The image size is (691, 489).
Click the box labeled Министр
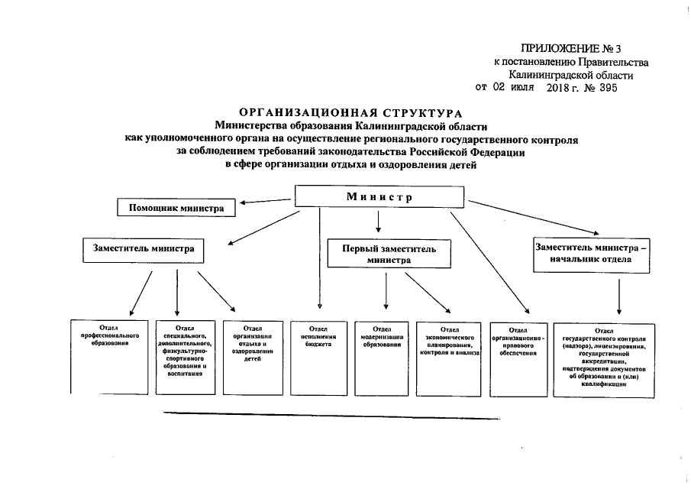(379, 197)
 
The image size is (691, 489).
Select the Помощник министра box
(176, 207)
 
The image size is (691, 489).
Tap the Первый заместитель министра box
(388, 254)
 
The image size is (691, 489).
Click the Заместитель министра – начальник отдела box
(593, 253)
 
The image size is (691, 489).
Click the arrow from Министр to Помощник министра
(264, 202)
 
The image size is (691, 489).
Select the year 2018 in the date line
(560, 88)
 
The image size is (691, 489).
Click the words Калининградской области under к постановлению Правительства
(570, 75)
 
